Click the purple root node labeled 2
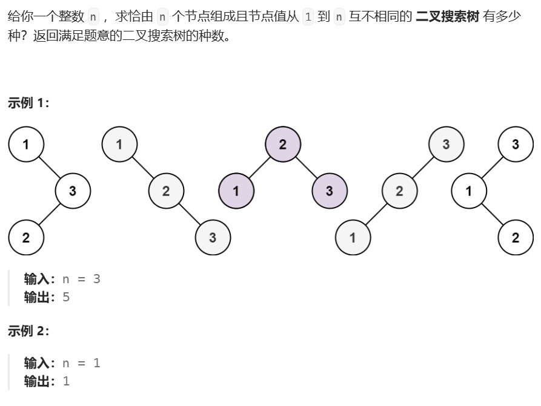282,145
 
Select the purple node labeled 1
236,191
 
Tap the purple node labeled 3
329,191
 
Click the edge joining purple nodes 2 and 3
306,168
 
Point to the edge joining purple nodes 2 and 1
259,168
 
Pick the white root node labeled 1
25,145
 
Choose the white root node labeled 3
515,145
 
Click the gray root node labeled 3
446,145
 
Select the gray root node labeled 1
119,145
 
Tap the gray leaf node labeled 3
213,238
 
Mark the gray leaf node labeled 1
353,238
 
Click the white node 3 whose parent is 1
73,191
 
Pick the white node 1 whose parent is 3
469,191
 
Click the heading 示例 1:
28,103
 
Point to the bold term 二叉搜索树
448,16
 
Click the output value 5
66,297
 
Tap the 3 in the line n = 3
96,279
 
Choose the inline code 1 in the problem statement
308,17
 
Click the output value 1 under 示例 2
66,381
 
